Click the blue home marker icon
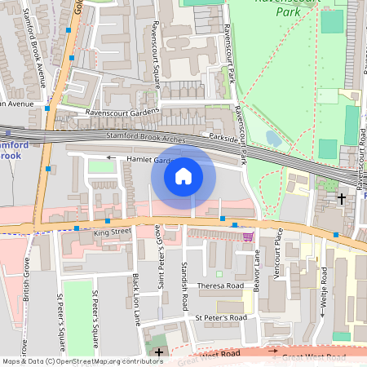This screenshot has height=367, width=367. (x=183, y=175)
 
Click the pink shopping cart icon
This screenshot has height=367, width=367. (x=247, y=237)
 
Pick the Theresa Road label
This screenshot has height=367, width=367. (x=221, y=286)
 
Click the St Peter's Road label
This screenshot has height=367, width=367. (x=220, y=316)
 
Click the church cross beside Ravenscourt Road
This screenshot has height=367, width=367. (x=341, y=197)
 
